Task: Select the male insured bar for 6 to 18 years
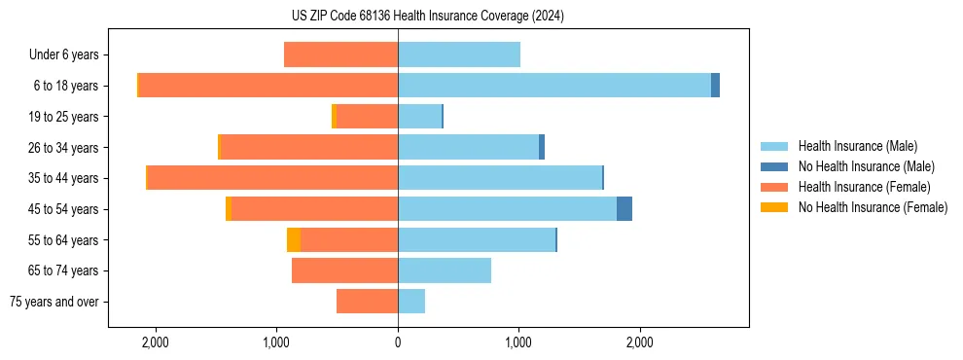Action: click(554, 86)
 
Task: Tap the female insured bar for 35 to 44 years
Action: click(272, 178)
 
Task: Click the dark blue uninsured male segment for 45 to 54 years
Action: click(624, 209)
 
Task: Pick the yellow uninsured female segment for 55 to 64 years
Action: click(294, 240)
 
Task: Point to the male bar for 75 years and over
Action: click(411, 302)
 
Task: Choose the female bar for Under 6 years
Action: click(340, 54)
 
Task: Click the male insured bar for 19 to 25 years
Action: click(419, 117)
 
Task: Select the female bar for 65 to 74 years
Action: click(344, 270)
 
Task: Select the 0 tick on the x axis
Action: click(398, 342)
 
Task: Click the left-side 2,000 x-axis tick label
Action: click(156, 342)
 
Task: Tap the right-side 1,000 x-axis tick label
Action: click(518, 342)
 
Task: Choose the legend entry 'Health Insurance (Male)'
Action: click(857, 146)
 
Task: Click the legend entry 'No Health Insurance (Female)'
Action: click(873, 207)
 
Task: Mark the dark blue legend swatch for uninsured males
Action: click(774, 166)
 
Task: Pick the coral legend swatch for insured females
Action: click(774, 187)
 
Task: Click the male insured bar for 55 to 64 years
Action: click(477, 240)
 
